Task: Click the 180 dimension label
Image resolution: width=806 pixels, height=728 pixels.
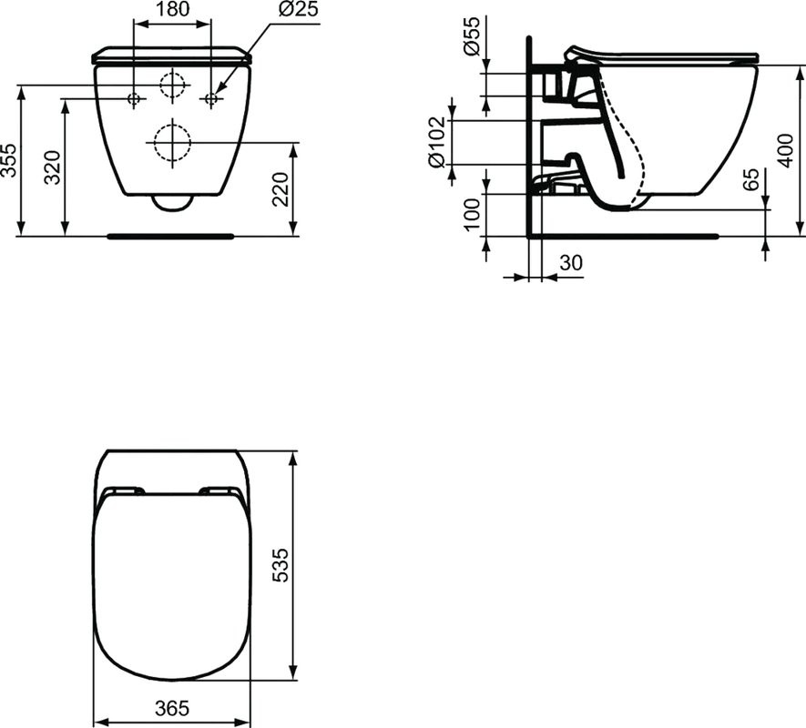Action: pyautogui.click(x=171, y=11)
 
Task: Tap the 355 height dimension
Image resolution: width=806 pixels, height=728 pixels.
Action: pyautogui.click(x=10, y=160)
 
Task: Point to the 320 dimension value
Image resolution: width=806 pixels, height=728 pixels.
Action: pyautogui.click(x=54, y=167)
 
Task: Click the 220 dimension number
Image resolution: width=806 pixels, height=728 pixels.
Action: pyautogui.click(x=281, y=188)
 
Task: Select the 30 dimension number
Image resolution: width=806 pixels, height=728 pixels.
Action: pyautogui.click(x=570, y=263)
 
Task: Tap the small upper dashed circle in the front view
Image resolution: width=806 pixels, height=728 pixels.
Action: pyautogui.click(x=171, y=85)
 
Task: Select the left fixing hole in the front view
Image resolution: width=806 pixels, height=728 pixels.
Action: pyautogui.click(x=134, y=97)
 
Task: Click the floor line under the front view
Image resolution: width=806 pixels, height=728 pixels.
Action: pyautogui.click(x=170, y=236)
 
